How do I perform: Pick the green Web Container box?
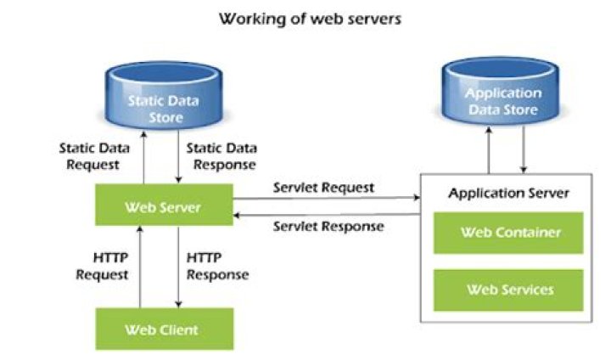[508, 233]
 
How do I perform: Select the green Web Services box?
[508, 290]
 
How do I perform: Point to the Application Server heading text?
[508, 193]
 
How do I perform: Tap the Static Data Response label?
[221, 156]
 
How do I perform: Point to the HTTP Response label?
[217, 266]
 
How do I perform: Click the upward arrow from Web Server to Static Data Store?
[145, 157]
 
